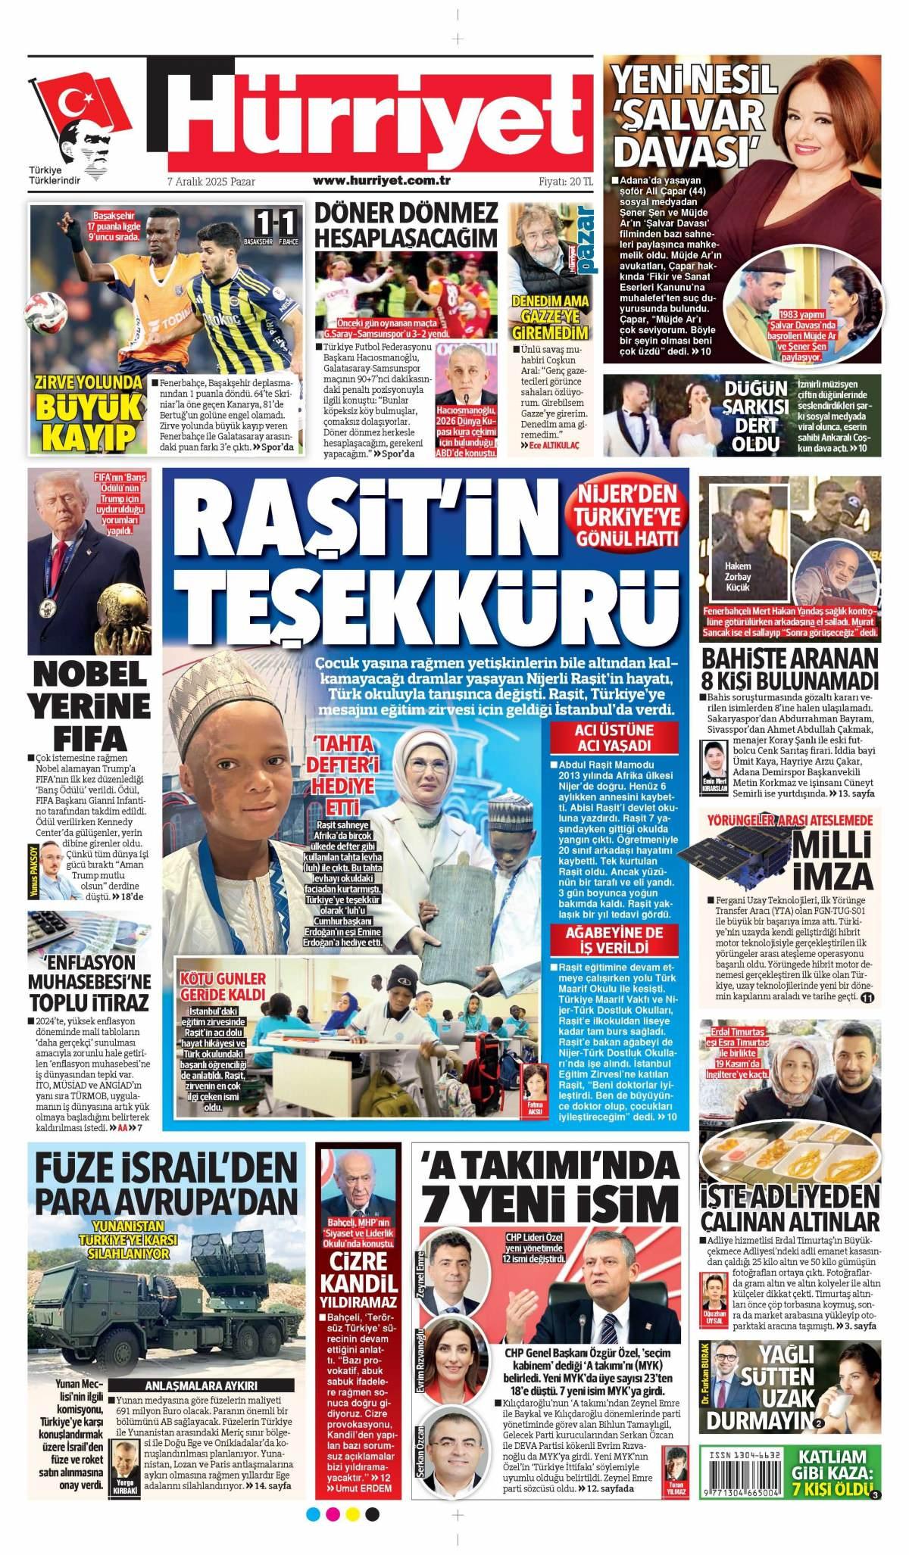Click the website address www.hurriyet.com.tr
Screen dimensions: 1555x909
[382, 182]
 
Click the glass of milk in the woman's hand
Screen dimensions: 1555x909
[863, 1387]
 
